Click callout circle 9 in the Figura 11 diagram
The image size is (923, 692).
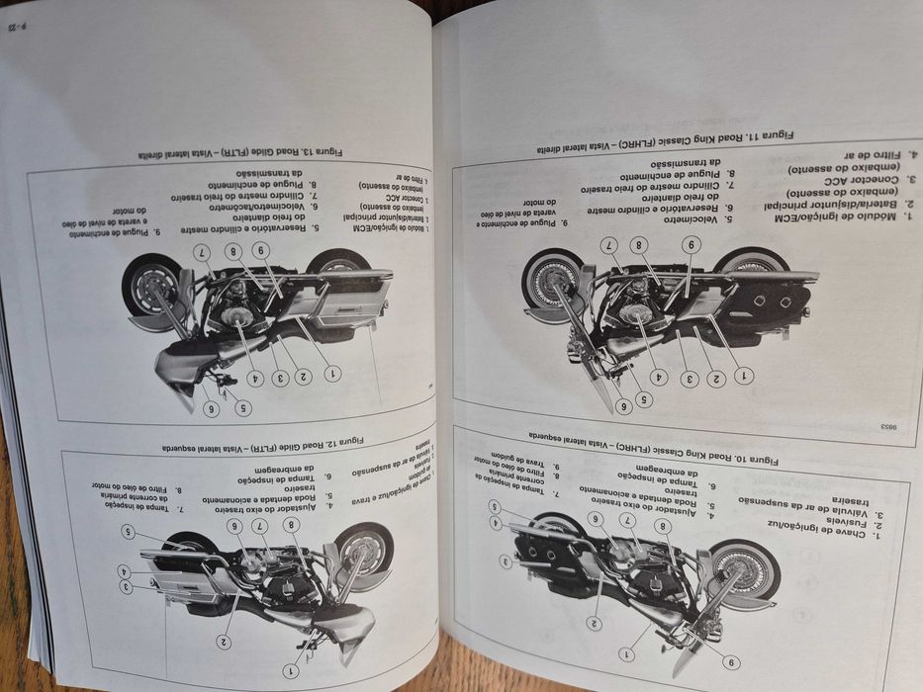(x=691, y=243)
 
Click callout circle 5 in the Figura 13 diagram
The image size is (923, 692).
(x=243, y=407)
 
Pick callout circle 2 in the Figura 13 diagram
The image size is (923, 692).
(x=304, y=376)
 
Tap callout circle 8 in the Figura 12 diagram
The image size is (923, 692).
(x=290, y=524)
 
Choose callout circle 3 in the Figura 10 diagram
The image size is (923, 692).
(x=506, y=562)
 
